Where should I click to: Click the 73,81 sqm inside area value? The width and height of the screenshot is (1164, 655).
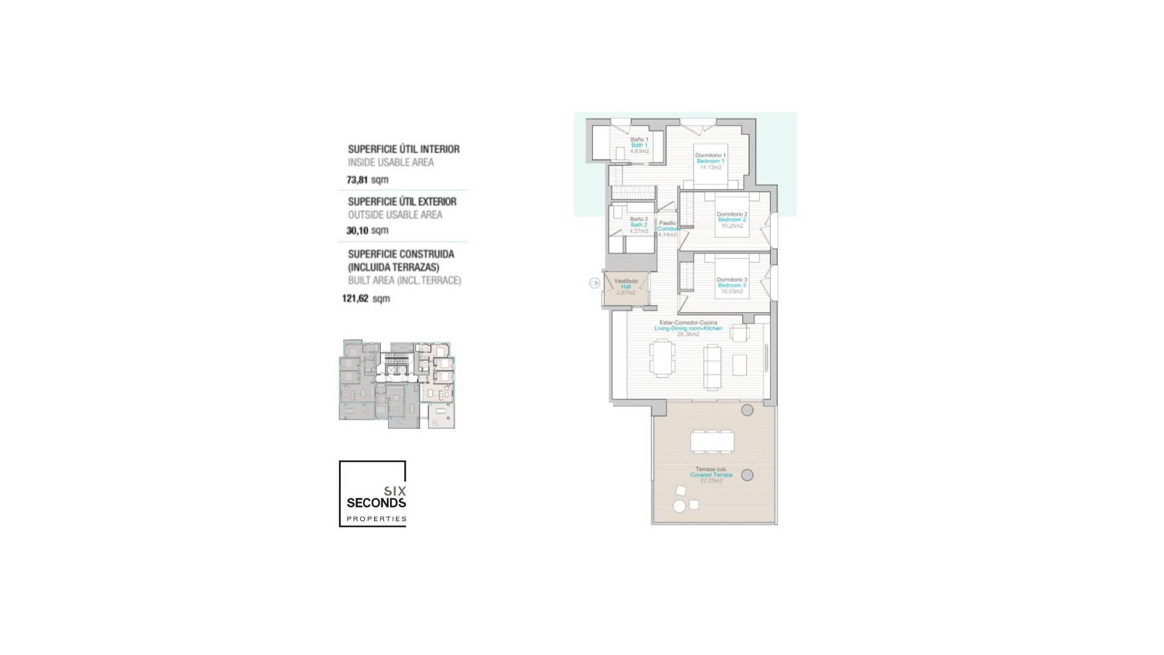click(367, 180)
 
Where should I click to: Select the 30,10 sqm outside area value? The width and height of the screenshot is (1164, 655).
click(367, 230)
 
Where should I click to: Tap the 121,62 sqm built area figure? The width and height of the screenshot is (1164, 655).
click(366, 298)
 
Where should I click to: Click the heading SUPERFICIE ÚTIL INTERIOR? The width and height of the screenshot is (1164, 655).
click(403, 149)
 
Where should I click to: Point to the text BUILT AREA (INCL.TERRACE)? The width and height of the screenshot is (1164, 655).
click(404, 281)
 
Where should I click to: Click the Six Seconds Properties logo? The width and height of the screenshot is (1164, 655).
click(372, 494)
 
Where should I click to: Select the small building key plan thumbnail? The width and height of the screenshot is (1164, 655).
click(397, 385)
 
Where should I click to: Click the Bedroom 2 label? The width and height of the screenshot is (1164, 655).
click(732, 220)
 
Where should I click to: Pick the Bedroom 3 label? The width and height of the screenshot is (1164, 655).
click(732, 285)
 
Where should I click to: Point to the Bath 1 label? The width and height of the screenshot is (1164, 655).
click(639, 145)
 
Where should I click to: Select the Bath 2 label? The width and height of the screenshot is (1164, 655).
click(639, 224)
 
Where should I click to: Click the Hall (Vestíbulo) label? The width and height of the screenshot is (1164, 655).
click(626, 286)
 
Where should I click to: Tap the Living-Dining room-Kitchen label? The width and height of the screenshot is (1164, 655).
click(688, 328)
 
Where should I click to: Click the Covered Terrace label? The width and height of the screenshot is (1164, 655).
click(711, 475)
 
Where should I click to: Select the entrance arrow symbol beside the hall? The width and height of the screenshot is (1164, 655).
click(595, 283)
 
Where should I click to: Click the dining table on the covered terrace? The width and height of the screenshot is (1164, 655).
click(712, 441)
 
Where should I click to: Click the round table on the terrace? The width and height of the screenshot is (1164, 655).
click(680, 506)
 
